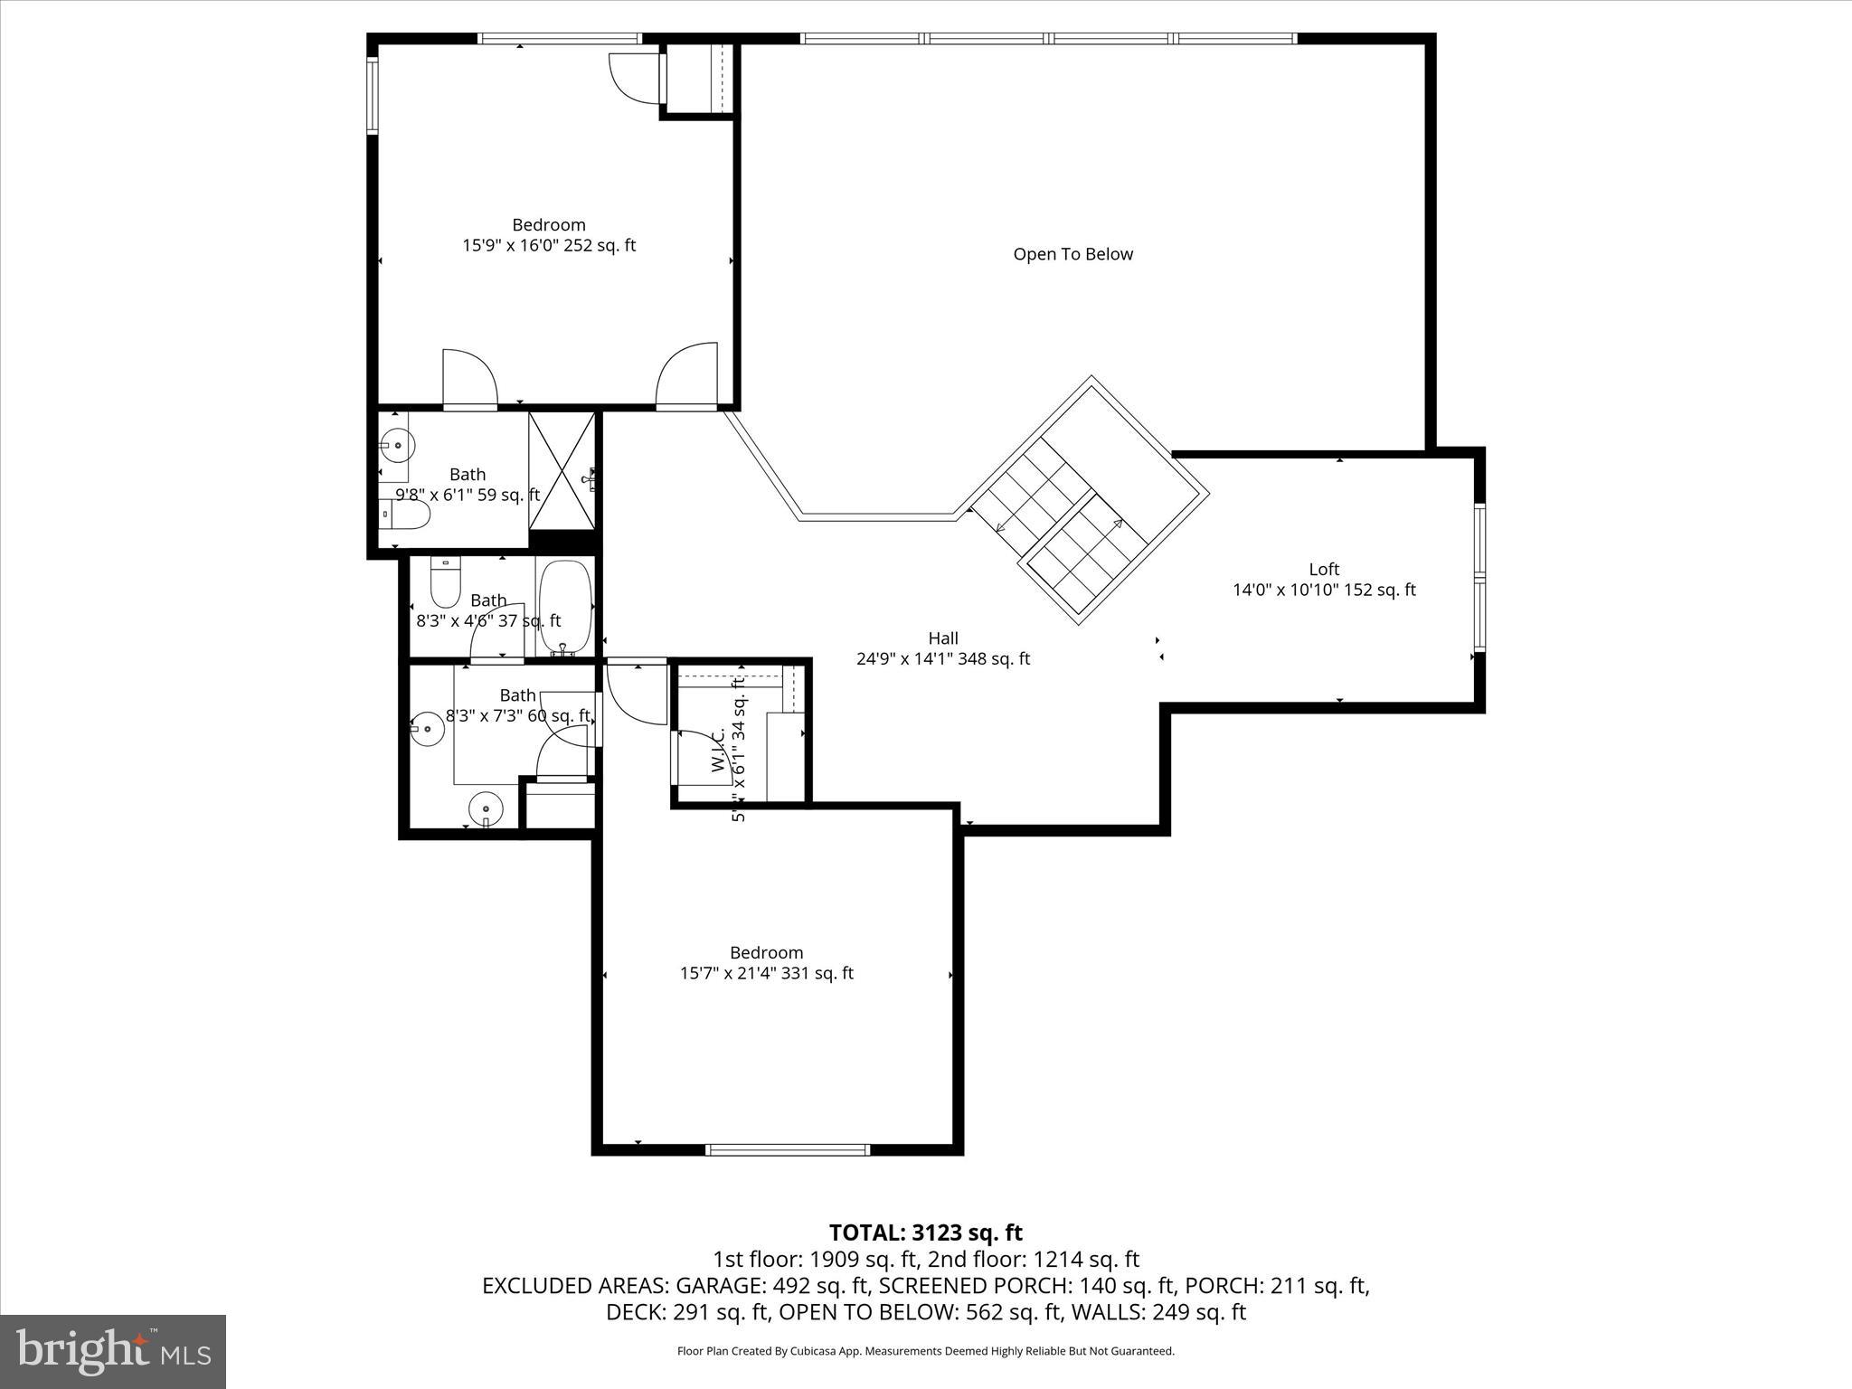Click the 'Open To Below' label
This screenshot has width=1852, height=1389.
click(x=1072, y=254)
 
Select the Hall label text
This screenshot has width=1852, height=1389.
click(x=942, y=638)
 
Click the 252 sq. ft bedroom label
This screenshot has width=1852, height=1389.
click(x=549, y=235)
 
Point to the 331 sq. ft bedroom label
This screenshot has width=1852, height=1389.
click(x=766, y=963)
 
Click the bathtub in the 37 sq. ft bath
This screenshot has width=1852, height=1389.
click(x=565, y=606)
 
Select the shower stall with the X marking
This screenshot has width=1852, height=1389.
click(x=562, y=470)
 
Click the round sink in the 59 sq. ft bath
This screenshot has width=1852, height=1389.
click(x=397, y=446)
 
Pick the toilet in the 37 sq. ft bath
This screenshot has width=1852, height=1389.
click(x=444, y=582)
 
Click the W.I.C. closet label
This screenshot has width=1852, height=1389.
click(x=719, y=751)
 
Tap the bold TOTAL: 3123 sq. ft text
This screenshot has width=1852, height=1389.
click(x=925, y=1233)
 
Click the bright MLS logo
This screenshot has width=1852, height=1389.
click(x=113, y=1351)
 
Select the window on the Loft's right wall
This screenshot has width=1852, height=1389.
click(x=1479, y=577)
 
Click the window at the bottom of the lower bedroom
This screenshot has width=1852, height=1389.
click(x=787, y=1149)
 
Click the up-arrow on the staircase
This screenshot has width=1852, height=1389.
click(x=1118, y=524)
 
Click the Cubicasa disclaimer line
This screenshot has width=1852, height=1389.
click(x=925, y=1351)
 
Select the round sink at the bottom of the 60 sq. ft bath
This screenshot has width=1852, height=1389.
click(x=486, y=808)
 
